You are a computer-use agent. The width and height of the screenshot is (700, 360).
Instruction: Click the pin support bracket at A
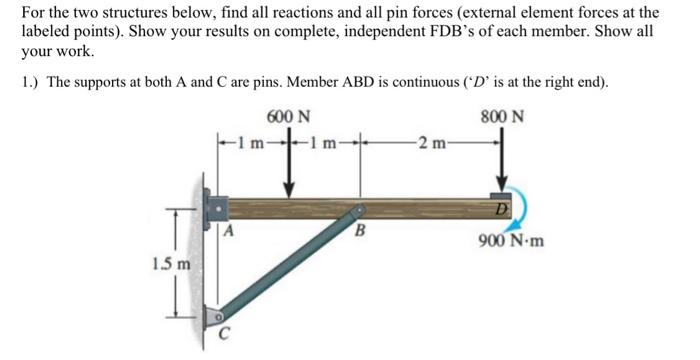tap(214, 208)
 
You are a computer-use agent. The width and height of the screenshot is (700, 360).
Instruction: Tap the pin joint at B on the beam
tap(357, 212)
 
